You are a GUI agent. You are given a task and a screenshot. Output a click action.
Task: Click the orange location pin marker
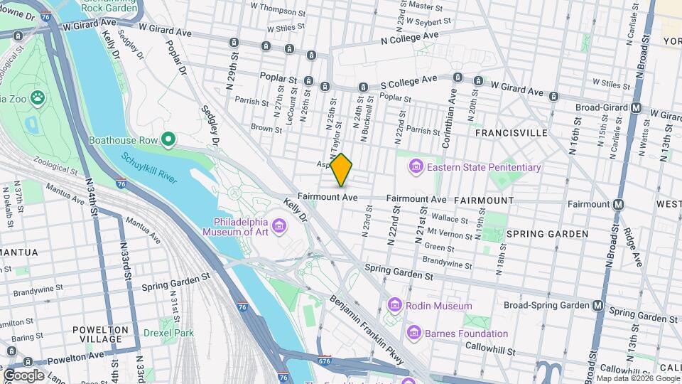342,170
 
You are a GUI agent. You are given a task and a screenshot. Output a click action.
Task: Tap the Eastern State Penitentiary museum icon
416,167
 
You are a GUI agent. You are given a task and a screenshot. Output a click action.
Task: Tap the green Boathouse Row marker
168,140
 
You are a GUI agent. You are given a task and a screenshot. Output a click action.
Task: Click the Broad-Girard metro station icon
637,108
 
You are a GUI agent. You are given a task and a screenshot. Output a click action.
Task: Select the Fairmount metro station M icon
618,204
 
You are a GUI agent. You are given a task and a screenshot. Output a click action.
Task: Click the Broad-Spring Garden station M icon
598,305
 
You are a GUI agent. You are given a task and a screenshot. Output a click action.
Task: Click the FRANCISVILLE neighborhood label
511,133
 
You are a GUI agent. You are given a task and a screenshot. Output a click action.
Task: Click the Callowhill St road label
490,346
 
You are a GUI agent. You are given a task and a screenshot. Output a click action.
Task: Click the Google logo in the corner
23,375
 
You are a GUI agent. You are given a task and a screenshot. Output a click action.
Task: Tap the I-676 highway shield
325,361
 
